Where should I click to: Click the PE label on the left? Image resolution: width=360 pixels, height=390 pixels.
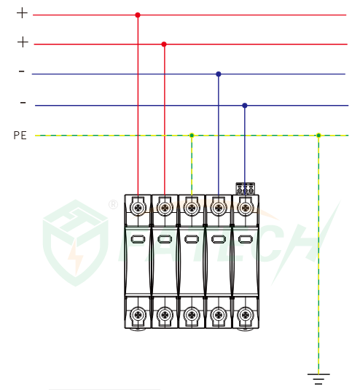(x=20, y=136)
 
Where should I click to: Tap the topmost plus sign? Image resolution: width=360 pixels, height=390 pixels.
(x=22, y=13)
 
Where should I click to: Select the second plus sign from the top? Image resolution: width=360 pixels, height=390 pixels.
(x=23, y=42)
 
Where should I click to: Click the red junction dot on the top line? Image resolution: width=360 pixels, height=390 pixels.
(x=138, y=15)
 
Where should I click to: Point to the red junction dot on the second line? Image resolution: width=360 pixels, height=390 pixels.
(x=164, y=44)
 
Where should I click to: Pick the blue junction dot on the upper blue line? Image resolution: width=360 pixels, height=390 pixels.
(x=219, y=74)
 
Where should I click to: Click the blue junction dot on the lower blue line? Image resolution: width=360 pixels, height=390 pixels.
(x=245, y=106)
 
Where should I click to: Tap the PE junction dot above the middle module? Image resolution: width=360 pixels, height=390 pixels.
(x=192, y=136)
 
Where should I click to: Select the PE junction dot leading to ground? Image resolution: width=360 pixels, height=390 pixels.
(x=318, y=136)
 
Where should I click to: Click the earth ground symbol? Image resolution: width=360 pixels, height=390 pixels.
(x=318, y=379)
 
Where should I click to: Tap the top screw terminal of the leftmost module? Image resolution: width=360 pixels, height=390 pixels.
(x=138, y=208)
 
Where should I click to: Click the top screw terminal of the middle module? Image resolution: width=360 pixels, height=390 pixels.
(x=192, y=208)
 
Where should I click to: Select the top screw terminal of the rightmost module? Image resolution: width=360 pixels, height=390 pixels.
(x=246, y=208)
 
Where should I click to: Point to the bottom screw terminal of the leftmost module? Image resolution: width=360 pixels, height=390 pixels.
(x=138, y=315)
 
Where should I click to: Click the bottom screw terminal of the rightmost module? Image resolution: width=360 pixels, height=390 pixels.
(x=246, y=315)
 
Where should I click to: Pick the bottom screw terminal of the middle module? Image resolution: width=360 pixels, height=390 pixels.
(x=192, y=315)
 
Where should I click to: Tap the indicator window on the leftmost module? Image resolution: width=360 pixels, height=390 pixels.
(x=138, y=239)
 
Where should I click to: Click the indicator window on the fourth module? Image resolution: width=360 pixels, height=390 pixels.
(x=219, y=239)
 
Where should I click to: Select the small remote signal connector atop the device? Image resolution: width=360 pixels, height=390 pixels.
(x=246, y=189)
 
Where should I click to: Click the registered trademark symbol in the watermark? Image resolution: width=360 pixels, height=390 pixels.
(x=114, y=204)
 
